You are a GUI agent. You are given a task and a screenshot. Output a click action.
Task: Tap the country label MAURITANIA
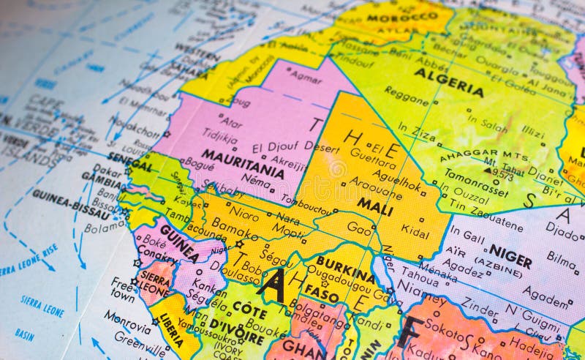click(x=242, y=164)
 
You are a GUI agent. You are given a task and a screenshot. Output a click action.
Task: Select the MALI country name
click(x=374, y=206)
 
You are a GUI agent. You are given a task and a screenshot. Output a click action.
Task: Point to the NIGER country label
click(x=510, y=255)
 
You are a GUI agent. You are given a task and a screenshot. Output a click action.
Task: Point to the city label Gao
click(x=359, y=228)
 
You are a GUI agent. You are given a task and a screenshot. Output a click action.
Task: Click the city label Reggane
click(x=406, y=96)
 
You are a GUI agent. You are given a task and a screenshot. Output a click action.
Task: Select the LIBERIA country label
click(x=170, y=329)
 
